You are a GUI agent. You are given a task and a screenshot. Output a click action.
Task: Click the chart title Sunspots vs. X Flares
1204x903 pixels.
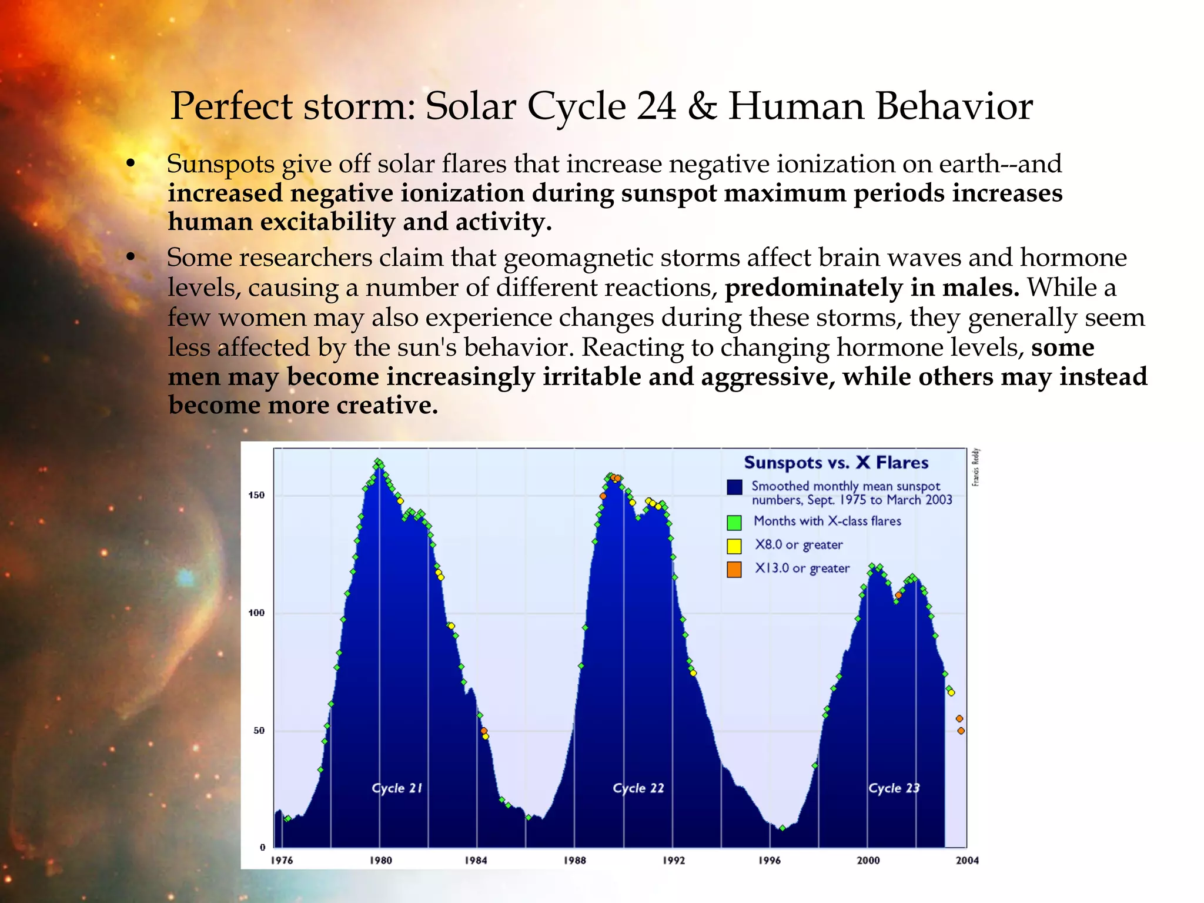click(x=835, y=463)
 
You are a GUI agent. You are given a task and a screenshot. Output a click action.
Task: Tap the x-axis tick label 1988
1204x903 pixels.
click(x=574, y=860)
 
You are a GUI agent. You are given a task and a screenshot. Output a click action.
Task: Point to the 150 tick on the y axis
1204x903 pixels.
click(x=256, y=495)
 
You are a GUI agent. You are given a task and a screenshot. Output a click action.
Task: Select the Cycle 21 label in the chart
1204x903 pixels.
click(x=397, y=788)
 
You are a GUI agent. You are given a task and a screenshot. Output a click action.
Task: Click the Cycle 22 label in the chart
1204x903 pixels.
click(x=638, y=788)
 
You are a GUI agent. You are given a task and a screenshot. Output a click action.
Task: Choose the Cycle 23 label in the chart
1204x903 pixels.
click(x=894, y=788)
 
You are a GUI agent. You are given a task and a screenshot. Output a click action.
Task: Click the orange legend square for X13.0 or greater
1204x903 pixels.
click(x=734, y=569)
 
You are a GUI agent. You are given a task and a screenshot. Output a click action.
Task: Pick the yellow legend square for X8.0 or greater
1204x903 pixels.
click(x=734, y=546)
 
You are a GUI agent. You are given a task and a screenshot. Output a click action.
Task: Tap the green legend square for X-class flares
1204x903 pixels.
click(x=734, y=522)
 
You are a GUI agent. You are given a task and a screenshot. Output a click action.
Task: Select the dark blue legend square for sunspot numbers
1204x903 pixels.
click(x=734, y=487)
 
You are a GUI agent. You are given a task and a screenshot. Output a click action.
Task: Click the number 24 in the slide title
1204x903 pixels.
click(x=656, y=107)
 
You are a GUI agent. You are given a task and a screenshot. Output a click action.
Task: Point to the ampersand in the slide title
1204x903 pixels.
click(x=702, y=107)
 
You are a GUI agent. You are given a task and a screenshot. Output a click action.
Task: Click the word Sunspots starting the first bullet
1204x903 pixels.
click(x=220, y=165)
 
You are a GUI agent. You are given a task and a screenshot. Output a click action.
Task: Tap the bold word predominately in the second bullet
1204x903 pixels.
click(x=814, y=288)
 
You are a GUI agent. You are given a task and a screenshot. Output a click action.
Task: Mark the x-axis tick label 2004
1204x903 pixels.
click(x=967, y=860)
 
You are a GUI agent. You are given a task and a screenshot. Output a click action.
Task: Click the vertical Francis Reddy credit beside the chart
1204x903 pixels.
click(x=975, y=467)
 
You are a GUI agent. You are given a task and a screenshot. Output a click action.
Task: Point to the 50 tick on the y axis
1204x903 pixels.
click(x=259, y=730)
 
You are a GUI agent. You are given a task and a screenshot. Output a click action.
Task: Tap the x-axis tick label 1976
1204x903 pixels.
click(x=282, y=860)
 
